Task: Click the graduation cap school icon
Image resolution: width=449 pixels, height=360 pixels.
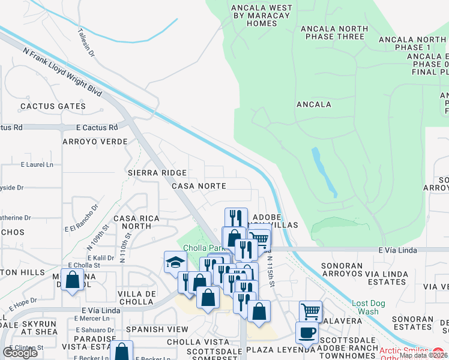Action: tap(175, 262)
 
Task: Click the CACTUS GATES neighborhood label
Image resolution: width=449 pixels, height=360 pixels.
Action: tap(53, 106)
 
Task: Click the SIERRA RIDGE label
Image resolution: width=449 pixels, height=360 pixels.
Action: tap(157, 172)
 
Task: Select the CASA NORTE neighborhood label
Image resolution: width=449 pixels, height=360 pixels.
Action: tap(199, 186)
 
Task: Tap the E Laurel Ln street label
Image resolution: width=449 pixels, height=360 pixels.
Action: tap(37, 164)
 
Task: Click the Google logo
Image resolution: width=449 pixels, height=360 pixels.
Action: tap(20, 353)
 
